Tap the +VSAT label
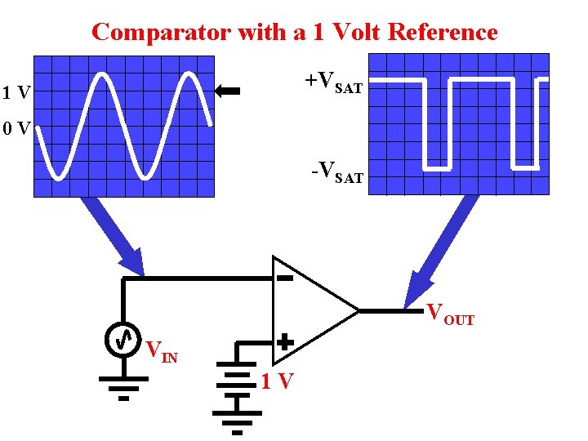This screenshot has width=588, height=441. (x=333, y=82)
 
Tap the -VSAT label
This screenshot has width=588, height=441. (x=336, y=172)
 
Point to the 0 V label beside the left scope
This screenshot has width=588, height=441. (x=16, y=129)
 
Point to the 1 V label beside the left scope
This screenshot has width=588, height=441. (x=16, y=93)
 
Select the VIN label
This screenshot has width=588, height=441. (x=160, y=352)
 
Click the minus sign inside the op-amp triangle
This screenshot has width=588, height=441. (x=284, y=278)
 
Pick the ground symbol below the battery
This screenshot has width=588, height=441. (x=237, y=419)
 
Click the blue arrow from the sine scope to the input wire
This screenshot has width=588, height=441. (x=114, y=237)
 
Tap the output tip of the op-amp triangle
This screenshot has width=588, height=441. (x=358, y=310)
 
